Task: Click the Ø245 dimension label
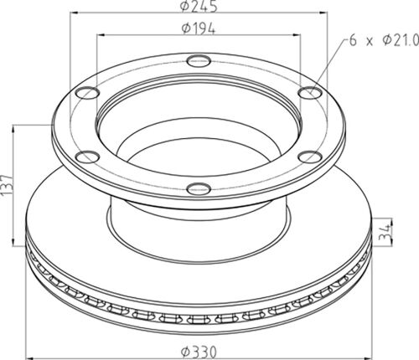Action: (199, 6)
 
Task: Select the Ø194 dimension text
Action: (199, 28)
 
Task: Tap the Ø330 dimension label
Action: (199, 352)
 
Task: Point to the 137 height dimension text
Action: (7, 185)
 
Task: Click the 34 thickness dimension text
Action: (385, 233)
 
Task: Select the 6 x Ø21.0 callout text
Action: (384, 41)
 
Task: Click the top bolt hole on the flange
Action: (199, 61)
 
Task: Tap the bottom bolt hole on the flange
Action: (199, 188)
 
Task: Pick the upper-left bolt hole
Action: (87, 93)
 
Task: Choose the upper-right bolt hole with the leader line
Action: (310, 92)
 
